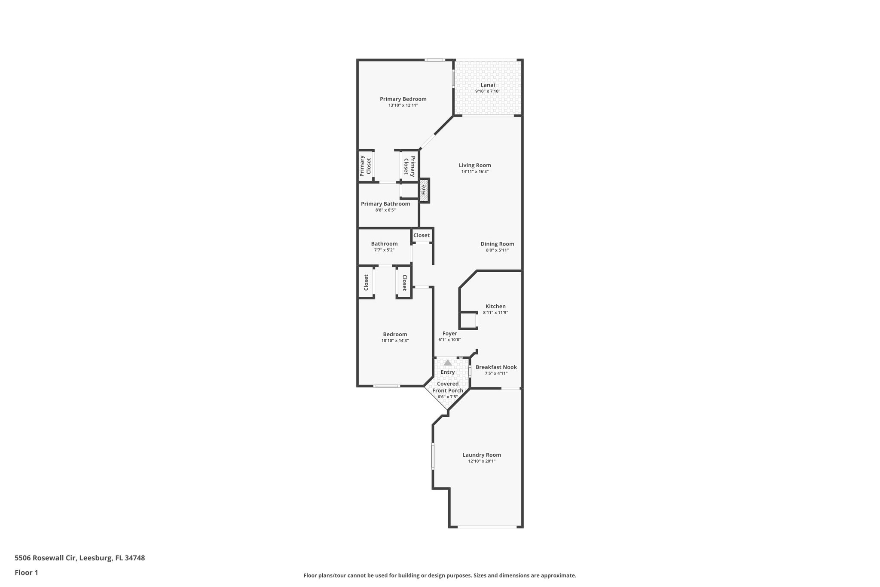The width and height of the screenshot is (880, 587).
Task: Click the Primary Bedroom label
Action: pos(403,99)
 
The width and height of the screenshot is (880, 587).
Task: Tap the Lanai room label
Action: pos(487,85)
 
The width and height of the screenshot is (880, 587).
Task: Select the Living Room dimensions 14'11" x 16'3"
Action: pos(475,172)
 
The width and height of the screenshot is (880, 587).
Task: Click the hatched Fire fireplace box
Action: pos(424,191)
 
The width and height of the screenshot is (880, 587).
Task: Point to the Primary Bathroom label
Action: pos(385,204)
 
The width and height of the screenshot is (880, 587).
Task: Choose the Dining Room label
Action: pos(497,244)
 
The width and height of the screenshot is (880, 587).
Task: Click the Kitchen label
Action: pos(495,307)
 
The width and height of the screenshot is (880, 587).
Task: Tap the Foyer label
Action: pos(449,334)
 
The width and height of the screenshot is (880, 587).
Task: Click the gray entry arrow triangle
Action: pos(448,363)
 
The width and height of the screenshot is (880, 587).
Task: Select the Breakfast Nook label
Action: pos(496,367)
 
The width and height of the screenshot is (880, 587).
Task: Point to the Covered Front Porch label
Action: pos(448,387)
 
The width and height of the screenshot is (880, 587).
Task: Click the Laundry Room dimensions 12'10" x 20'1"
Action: pos(482,461)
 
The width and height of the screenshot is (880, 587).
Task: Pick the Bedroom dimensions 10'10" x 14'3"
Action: pos(395,341)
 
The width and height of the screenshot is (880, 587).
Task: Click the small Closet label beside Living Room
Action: pos(422,236)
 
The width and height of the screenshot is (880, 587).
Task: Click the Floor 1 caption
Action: pos(27,572)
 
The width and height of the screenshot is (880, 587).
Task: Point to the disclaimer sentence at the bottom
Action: pos(440,575)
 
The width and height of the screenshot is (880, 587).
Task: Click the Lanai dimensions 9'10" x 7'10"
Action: pos(487,91)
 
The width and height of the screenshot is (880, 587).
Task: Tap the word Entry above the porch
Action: pos(448,372)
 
